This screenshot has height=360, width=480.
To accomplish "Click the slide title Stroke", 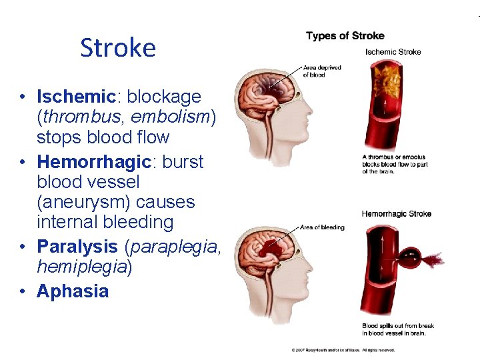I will pos(117,48).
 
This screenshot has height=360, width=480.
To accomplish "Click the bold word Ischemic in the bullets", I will pos(77,97).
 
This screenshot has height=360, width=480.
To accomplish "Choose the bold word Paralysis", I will pos(77,246).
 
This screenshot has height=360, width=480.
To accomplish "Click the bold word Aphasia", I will pos(73,291).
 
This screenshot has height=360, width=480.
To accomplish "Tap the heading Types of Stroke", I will pos(345,36).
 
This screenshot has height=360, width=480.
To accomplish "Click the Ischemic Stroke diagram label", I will pos(393,52).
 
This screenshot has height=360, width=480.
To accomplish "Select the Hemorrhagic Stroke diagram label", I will pos(396,214).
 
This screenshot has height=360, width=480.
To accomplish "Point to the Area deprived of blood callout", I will pos(322,71).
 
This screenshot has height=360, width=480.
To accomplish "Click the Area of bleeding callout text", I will pos(323,227).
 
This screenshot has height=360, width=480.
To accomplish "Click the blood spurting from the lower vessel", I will pos(423,257).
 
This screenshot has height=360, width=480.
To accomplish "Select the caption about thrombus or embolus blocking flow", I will pos(395,164).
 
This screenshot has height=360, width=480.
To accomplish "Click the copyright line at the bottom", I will pos(343,349).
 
